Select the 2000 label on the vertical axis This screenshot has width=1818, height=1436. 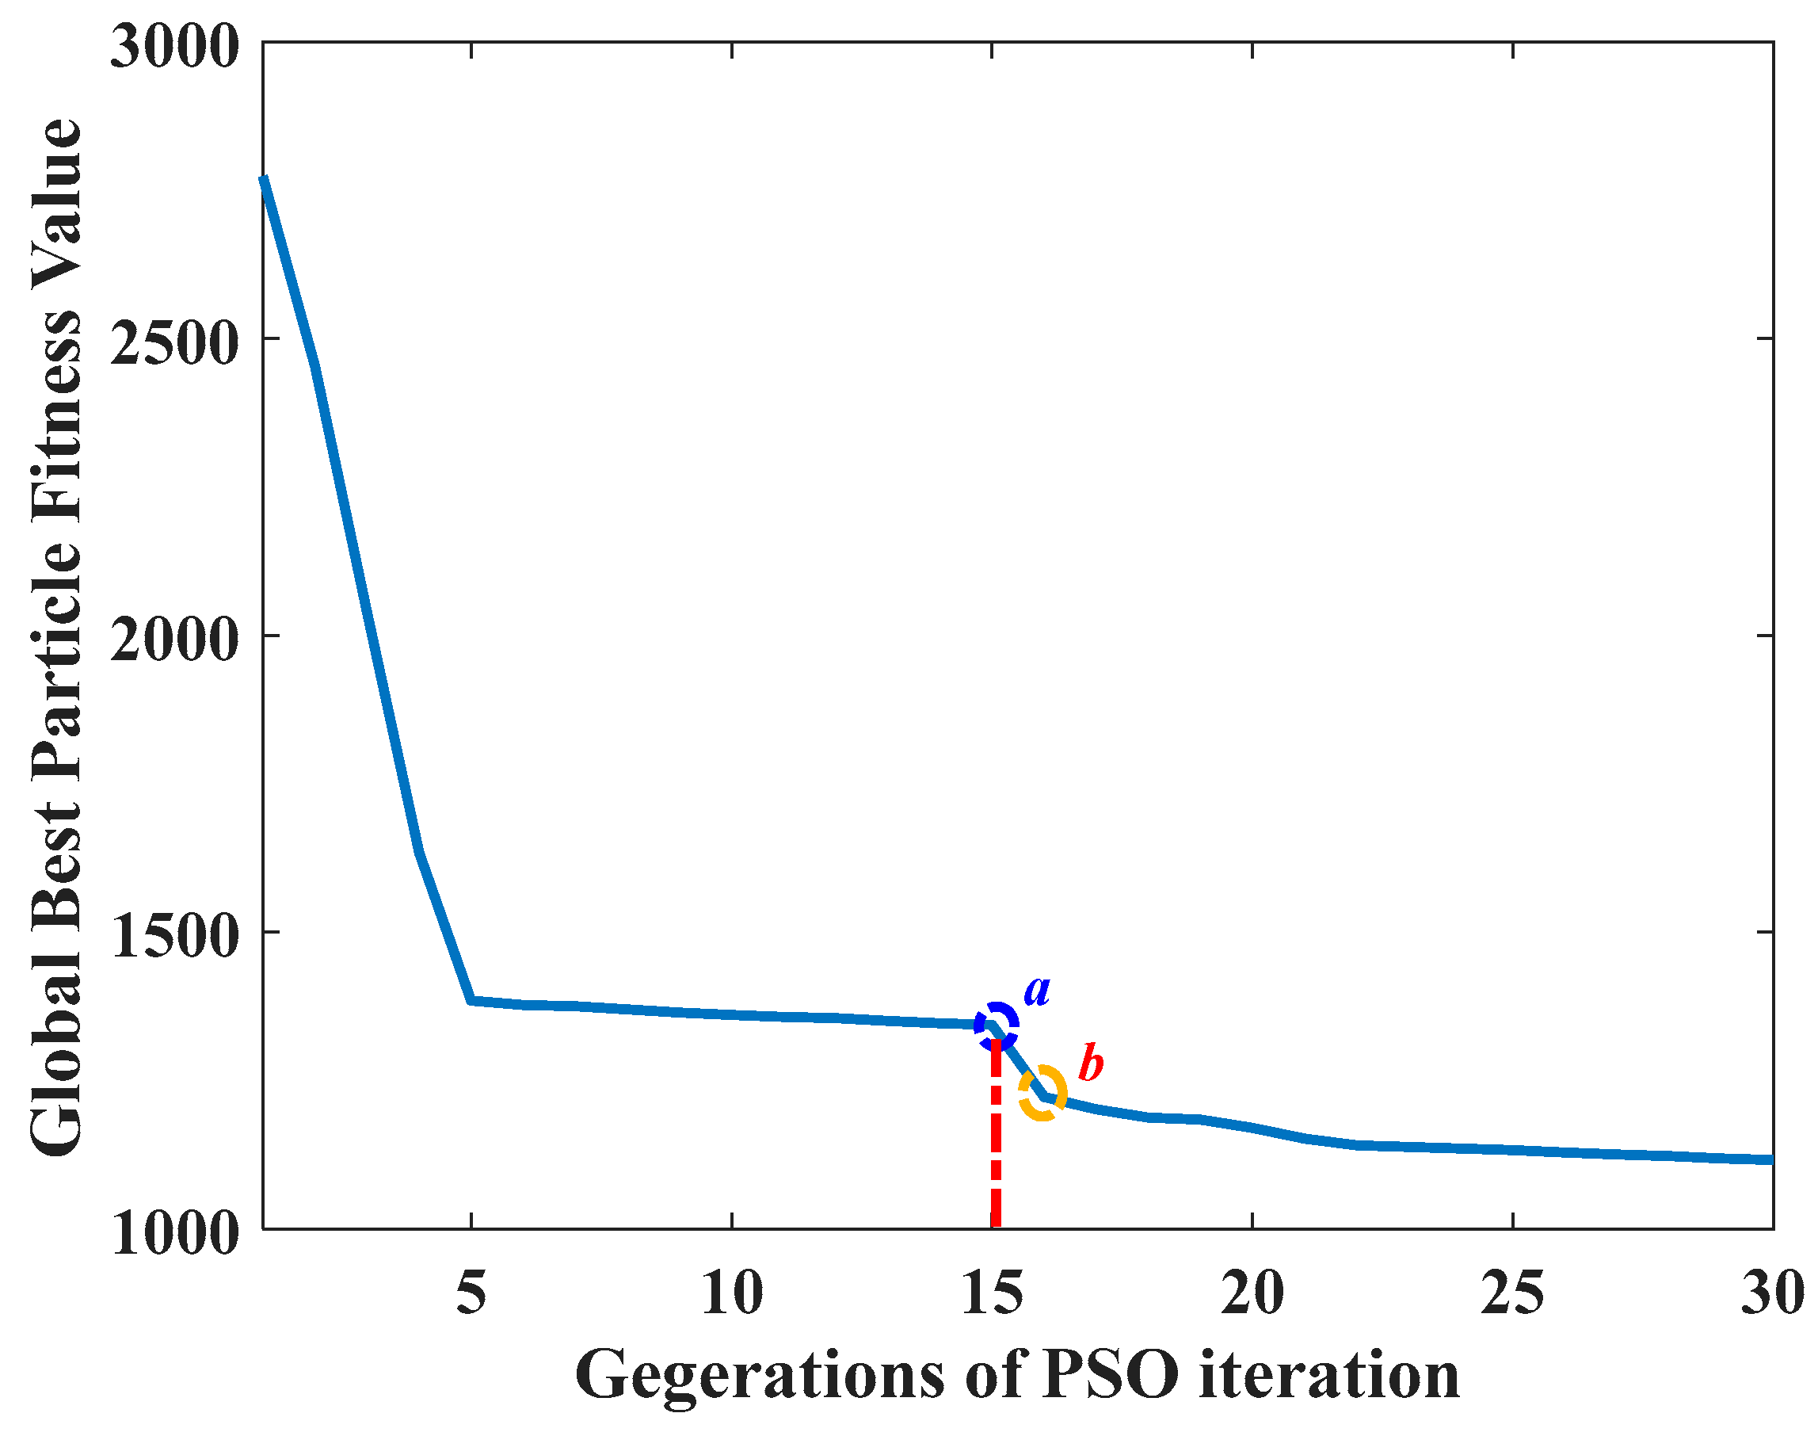coord(175,640)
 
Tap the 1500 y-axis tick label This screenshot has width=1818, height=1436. coord(175,938)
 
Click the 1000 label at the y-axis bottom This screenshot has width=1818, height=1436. coord(175,1235)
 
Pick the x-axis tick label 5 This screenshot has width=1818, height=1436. coord(471,1293)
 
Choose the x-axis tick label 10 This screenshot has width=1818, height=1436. coord(732,1293)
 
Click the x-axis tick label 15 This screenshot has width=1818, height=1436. coord(993,1293)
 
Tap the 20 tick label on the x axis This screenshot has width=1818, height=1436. coord(1252,1293)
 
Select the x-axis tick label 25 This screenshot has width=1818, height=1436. coord(1513,1293)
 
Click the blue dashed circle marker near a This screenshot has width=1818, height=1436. coord(996,1025)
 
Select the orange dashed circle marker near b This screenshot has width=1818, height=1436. coord(1043,1093)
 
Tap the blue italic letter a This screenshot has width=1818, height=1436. coord(1037,992)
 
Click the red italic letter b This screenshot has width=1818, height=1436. coord(1090,1064)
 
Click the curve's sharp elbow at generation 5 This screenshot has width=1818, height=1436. coord(472,1000)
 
